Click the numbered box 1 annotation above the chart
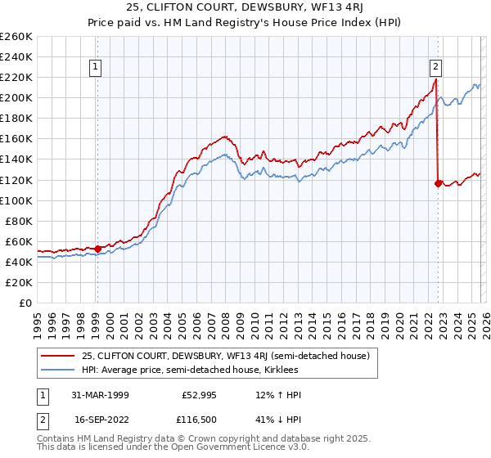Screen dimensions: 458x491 [x=97, y=67]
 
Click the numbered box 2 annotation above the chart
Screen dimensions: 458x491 [x=435, y=67]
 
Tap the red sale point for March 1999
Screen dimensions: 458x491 [x=97, y=248]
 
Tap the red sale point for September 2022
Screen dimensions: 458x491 [x=438, y=183]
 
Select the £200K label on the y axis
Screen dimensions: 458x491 [x=17, y=97]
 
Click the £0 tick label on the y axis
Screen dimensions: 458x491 [x=25, y=303]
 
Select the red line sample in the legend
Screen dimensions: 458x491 [x=58, y=356]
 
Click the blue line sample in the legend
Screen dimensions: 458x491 [x=58, y=370]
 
